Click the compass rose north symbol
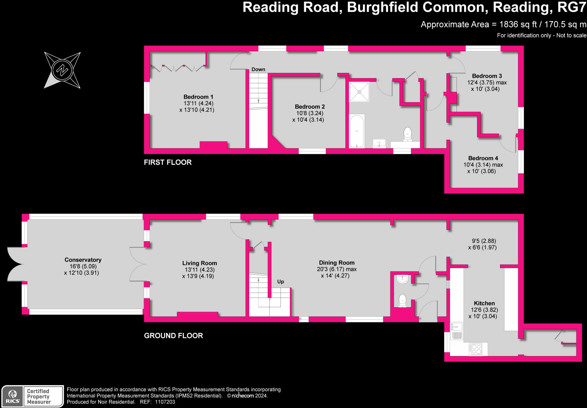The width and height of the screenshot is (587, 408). pyautogui.click(x=63, y=70)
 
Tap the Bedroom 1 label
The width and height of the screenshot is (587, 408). pyautogui.click(x=198, y=97)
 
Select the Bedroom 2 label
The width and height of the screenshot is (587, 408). pyautogui.click(x=310, y=107)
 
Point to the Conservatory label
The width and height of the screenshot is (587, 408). pyautogui.click(x=83, y=260)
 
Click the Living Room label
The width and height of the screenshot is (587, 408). pyautogui.click(x=199, y=263)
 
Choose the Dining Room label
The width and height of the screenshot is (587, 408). pyautogui.click(x=336, y=263)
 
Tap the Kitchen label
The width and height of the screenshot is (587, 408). pyautogui.click(x=484, y=303)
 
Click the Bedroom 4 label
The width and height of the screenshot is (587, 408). pyautogui.click(x=483, y=158)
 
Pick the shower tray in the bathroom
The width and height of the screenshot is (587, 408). pyautogui.click(x=359, y=92)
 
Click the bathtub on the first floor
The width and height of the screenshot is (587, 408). pyautogui.click(x=357, y=131)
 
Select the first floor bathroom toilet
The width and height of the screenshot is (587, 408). pyautogui.click(x=407, y=134)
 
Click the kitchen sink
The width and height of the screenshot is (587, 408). pyautogui.click(x=456, y=326)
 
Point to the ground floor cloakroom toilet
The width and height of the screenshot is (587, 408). pyautogui.click(x=402, y=301)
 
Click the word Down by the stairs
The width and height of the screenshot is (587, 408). pyautogui.click(x=258, y=69)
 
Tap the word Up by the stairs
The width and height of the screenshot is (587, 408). pyautogui.click(x=281, y=282)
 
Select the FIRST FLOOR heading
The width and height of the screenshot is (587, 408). pyautogui.click(x=168, y=162)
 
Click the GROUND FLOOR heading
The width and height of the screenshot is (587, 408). pyautogui.click(x=173, y=336)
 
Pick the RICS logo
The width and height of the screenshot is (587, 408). pyautogui.click(x=13, y=396)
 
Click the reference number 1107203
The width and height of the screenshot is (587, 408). pyautogui.click(x=165, y=402)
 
